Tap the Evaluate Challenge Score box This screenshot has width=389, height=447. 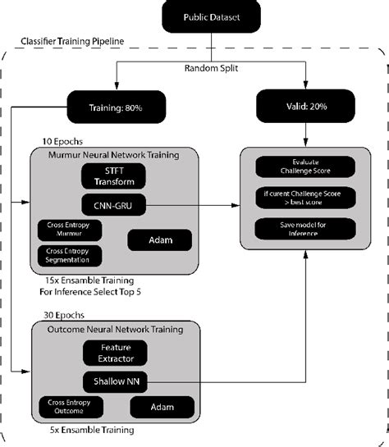(304, 167)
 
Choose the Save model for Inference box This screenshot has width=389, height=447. (304, 229)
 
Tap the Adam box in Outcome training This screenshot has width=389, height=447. (162, 407)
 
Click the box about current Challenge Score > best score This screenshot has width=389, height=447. (304, 198)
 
